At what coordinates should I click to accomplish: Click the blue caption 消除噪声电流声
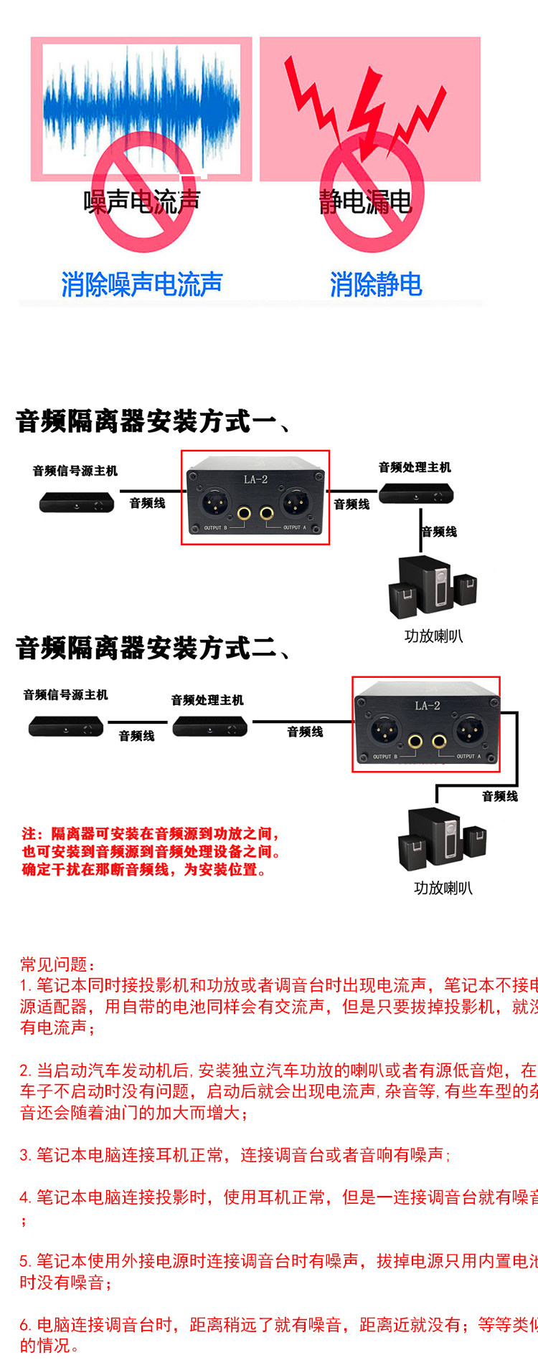pyautogui.click(x=141, y=284)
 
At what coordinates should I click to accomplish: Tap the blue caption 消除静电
pyautogui.click(x=376, y=284)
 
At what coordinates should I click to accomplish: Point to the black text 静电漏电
pyautogui.click(x=365, y=202)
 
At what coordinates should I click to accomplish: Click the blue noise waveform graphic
pyautogui.click(x=141, y=107)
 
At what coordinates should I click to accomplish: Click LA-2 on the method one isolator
pyautogui.click(x=255, y=479)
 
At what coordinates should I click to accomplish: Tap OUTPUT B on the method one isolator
pyautogui.click(x=215, y=527)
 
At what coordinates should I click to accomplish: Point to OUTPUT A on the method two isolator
pyautogui.click(x=468, y=757)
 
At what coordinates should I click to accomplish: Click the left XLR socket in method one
pyautogui.click(x=214, y=502)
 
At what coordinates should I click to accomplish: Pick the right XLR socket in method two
pyautogui.click(x=471, y=730)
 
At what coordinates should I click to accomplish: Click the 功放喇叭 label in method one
pyautogui.click(x=433, y=636)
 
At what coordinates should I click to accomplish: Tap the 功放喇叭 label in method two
pyautogui.click(x=443, y=888)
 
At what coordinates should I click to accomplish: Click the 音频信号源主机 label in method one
pyautogui.click(x=75, y=471)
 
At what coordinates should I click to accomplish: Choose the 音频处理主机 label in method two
pyautogui.click(x=207, y=700)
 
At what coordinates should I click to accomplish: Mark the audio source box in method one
pyautogui.click(x=76, y=502)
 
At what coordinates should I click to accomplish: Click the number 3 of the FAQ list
pyautogui.click(x=24, y=1155)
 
